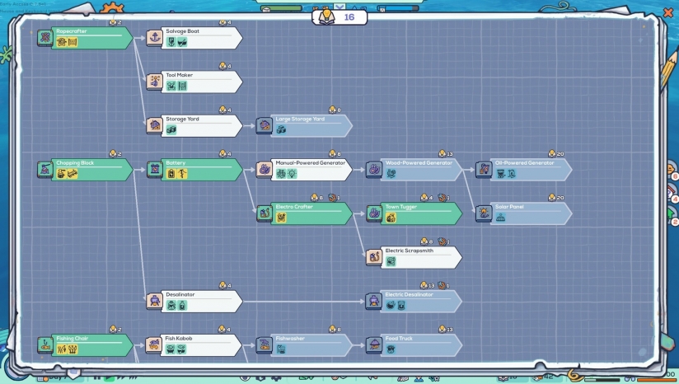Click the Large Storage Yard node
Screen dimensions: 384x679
[x=304, y=124]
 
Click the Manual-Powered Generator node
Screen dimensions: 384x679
[x=304, y=169]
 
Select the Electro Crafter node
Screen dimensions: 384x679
[x=304, y=213]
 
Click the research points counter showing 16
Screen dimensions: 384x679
[x=339, y=16]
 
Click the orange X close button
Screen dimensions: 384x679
[x=668, y=12]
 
